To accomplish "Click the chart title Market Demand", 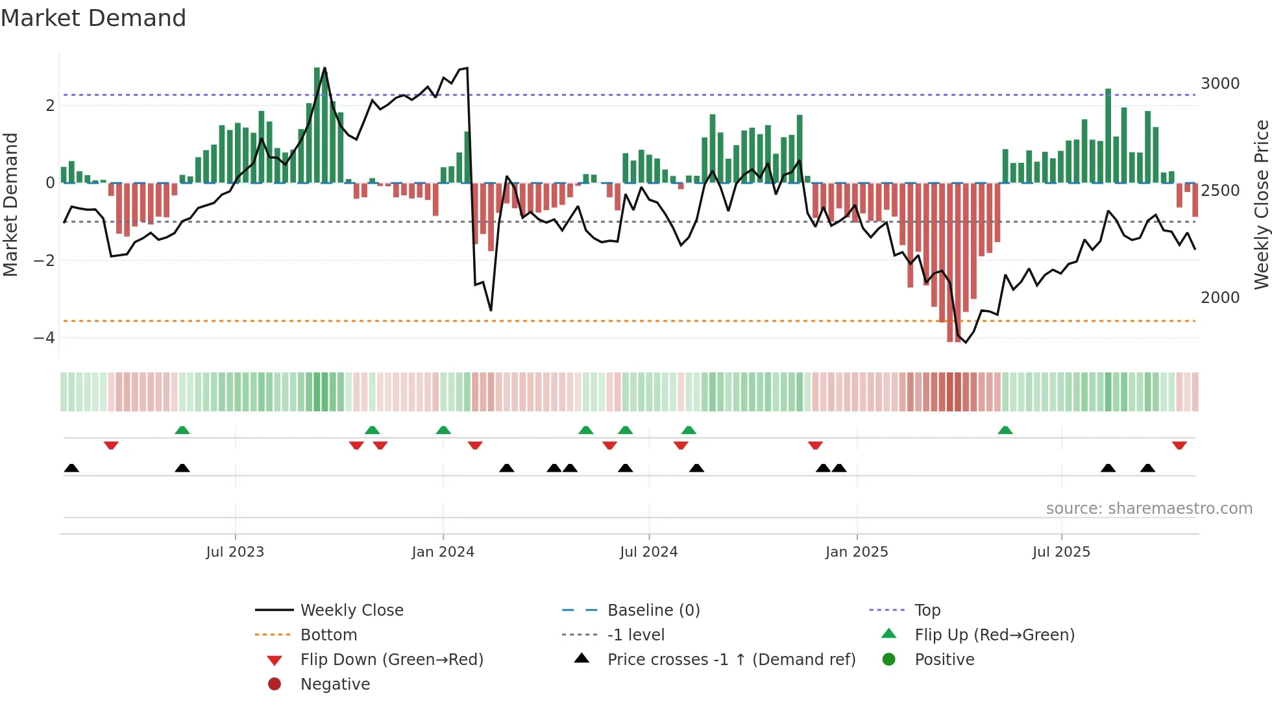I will (93, 18).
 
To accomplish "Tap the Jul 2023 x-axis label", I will (235, 552).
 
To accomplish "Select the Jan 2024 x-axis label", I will (443, 552).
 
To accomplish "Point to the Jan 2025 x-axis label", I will (857, 552).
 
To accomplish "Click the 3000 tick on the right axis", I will (1220, 84).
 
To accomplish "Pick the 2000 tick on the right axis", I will (1220, 298).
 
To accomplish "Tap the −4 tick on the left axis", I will (44, 338).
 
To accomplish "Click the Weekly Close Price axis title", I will (1261, 204).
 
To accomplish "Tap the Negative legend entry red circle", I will (275, 685).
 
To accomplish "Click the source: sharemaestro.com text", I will (1149, 509).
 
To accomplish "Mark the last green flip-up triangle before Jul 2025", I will (1005, 430).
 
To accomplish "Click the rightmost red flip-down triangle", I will (1179, 445).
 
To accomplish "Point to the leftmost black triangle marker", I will (71, 468).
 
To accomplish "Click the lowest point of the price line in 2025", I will (966, 342).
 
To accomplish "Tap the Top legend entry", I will (927, 611).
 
